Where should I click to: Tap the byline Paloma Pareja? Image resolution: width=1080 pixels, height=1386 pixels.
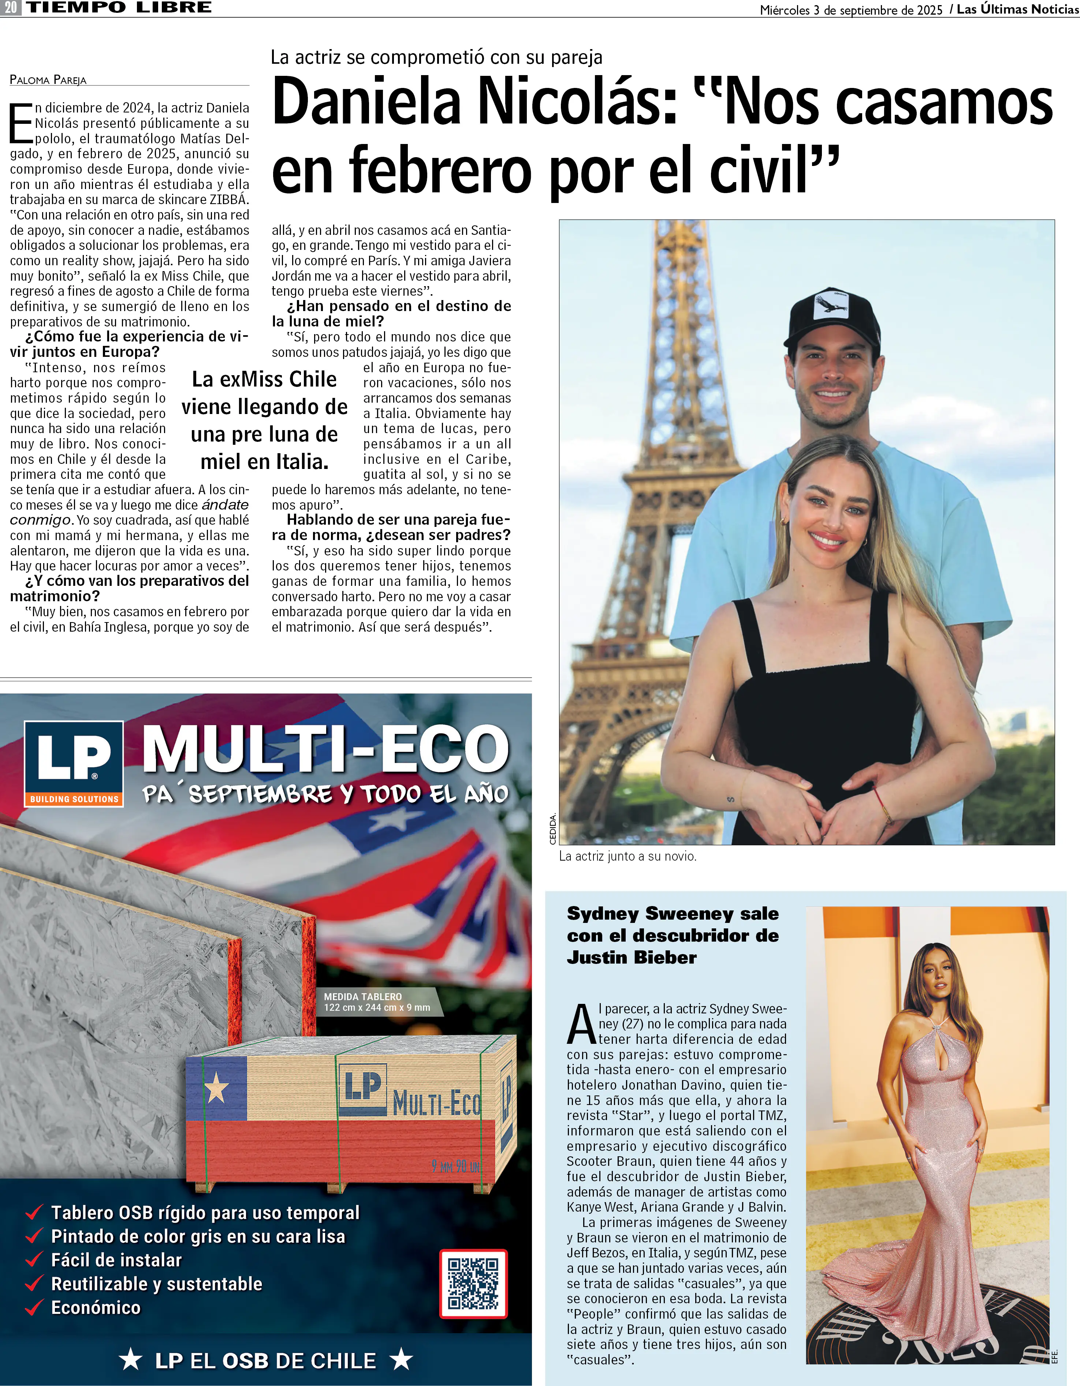(x=48, y=80)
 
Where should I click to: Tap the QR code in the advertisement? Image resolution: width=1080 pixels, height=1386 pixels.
(x=473, y=1283)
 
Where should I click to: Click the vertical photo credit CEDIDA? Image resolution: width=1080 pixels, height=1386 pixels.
(x=552, y=828)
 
